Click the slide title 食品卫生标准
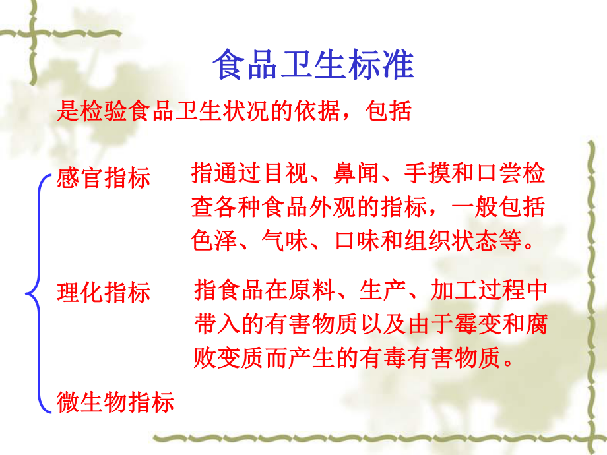click(x=313, y=65)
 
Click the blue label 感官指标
click(x=104, y=177)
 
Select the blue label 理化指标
click(x=104, y=292)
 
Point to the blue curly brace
click(x=36, y=292)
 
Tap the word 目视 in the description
click(x=287, y=174)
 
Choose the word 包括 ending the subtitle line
click(x=393, y=110)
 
